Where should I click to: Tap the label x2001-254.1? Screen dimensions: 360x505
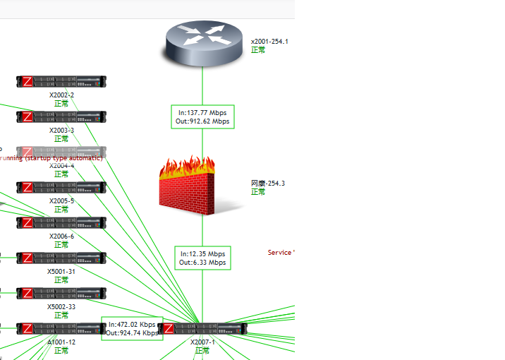(x=269, y=42)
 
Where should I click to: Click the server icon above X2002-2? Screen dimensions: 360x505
(x=61, y=82)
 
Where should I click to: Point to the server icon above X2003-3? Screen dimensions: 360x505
(x=61, y=117)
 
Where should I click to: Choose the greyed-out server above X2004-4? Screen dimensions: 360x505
(x=61, y=152)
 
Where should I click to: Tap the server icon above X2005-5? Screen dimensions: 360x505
(x=61, y=188)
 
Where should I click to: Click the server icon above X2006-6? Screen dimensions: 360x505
(x=61, y=223)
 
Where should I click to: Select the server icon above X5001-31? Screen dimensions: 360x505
(x=61, y=258)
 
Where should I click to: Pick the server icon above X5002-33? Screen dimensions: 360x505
(x=61, y=294)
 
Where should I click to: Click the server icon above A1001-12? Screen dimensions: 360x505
(x=61, y=329)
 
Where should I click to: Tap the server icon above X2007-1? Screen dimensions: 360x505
(x=202, y=329)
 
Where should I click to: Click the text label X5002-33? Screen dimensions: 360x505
(x=61, y=306)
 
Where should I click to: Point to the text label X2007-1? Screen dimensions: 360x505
(x=202, y=342)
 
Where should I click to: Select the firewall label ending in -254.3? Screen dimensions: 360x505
(x=268, y=184)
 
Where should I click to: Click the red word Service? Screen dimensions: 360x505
(x=279, y=253)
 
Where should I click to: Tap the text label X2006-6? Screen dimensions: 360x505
(x=61, y=236)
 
